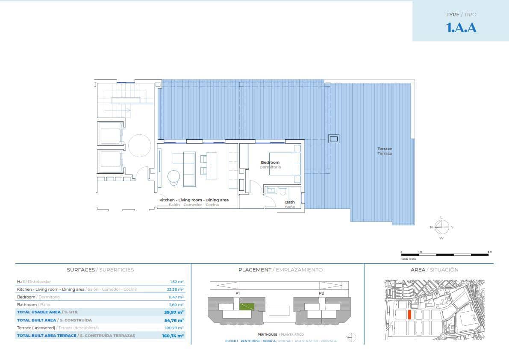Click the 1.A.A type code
[x=461, y=28]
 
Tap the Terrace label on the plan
[x=385, y=149]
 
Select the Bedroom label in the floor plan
[x=270, y=162]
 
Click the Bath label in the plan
[x=290, y=202]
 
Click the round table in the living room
[x=174, y=177]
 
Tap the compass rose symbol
[x=441, y=227]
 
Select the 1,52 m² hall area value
[x=177, y=282]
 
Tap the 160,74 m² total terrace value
[x=173, y=336]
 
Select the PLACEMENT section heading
[x=255, y=270]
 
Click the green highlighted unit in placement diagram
[x=247, y=306]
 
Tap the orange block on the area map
[x=409, y=315]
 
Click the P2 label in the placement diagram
[x=321, y=293]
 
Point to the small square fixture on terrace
[x=333, y=139]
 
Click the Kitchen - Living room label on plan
[x=194, y=200]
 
